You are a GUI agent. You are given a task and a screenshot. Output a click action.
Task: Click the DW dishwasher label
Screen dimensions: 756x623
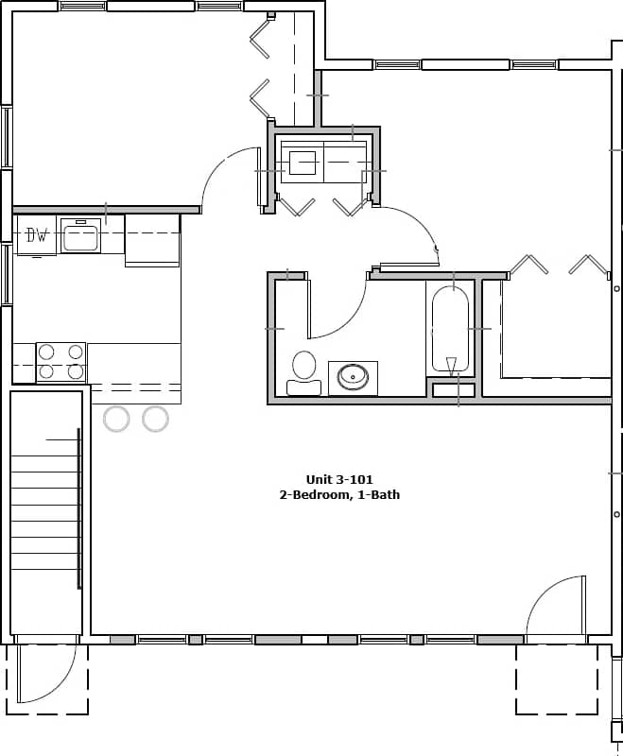tap(37, 235)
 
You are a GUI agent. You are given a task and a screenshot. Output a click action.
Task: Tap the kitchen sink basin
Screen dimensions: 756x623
tap(80, 236)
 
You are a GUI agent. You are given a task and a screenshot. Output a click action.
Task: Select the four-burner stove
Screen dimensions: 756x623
tap(61, 362)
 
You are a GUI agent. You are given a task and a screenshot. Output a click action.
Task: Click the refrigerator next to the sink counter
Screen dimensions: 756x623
tap(152, 240)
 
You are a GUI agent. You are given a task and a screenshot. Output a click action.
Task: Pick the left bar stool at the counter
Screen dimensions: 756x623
tap(116, 418)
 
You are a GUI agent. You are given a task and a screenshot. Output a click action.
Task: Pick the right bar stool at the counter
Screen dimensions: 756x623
tap(155, 418)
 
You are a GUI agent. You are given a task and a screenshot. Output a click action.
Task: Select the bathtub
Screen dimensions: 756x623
tap(450, 331)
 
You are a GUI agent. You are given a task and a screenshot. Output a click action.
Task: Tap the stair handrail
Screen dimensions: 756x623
tap(79, 510)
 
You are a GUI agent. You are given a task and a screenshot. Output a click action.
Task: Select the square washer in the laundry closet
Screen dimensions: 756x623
tap(302, 163)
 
